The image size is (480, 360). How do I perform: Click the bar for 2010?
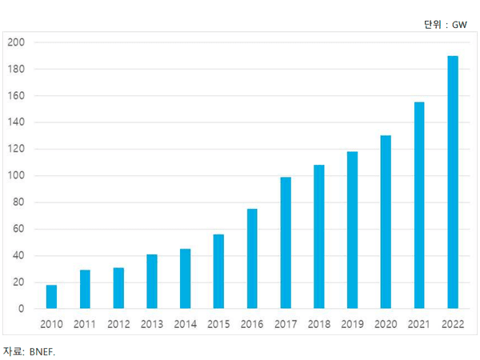[51, 297]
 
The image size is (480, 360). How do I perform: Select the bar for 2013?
[152, 282]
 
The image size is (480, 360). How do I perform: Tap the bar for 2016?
[252, 258]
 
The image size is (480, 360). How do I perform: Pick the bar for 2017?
[286, 242]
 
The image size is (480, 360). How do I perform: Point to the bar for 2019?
[352, 230]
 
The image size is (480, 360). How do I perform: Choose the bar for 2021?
[419, 205]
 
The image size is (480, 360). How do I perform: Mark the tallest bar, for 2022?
[453, 182]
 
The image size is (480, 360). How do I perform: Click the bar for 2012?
[118, 288]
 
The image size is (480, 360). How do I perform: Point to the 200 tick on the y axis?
[16, 42]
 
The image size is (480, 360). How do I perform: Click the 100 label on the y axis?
[16, 175]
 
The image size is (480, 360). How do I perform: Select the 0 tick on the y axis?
[21, 309]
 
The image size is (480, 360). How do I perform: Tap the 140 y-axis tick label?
[16, 122]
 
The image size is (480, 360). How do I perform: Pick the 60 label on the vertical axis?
[18, 229]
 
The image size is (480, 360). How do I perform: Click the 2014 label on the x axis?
[186, 324]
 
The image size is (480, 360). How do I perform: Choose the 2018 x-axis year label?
[319, 324]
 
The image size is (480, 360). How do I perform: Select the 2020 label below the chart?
[386, 324]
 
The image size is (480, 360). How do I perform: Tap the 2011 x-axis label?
[85, 324]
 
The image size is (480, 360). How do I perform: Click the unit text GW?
[459, 25]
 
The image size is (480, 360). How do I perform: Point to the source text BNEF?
[42, 352]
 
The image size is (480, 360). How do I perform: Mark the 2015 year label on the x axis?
[218, 324]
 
